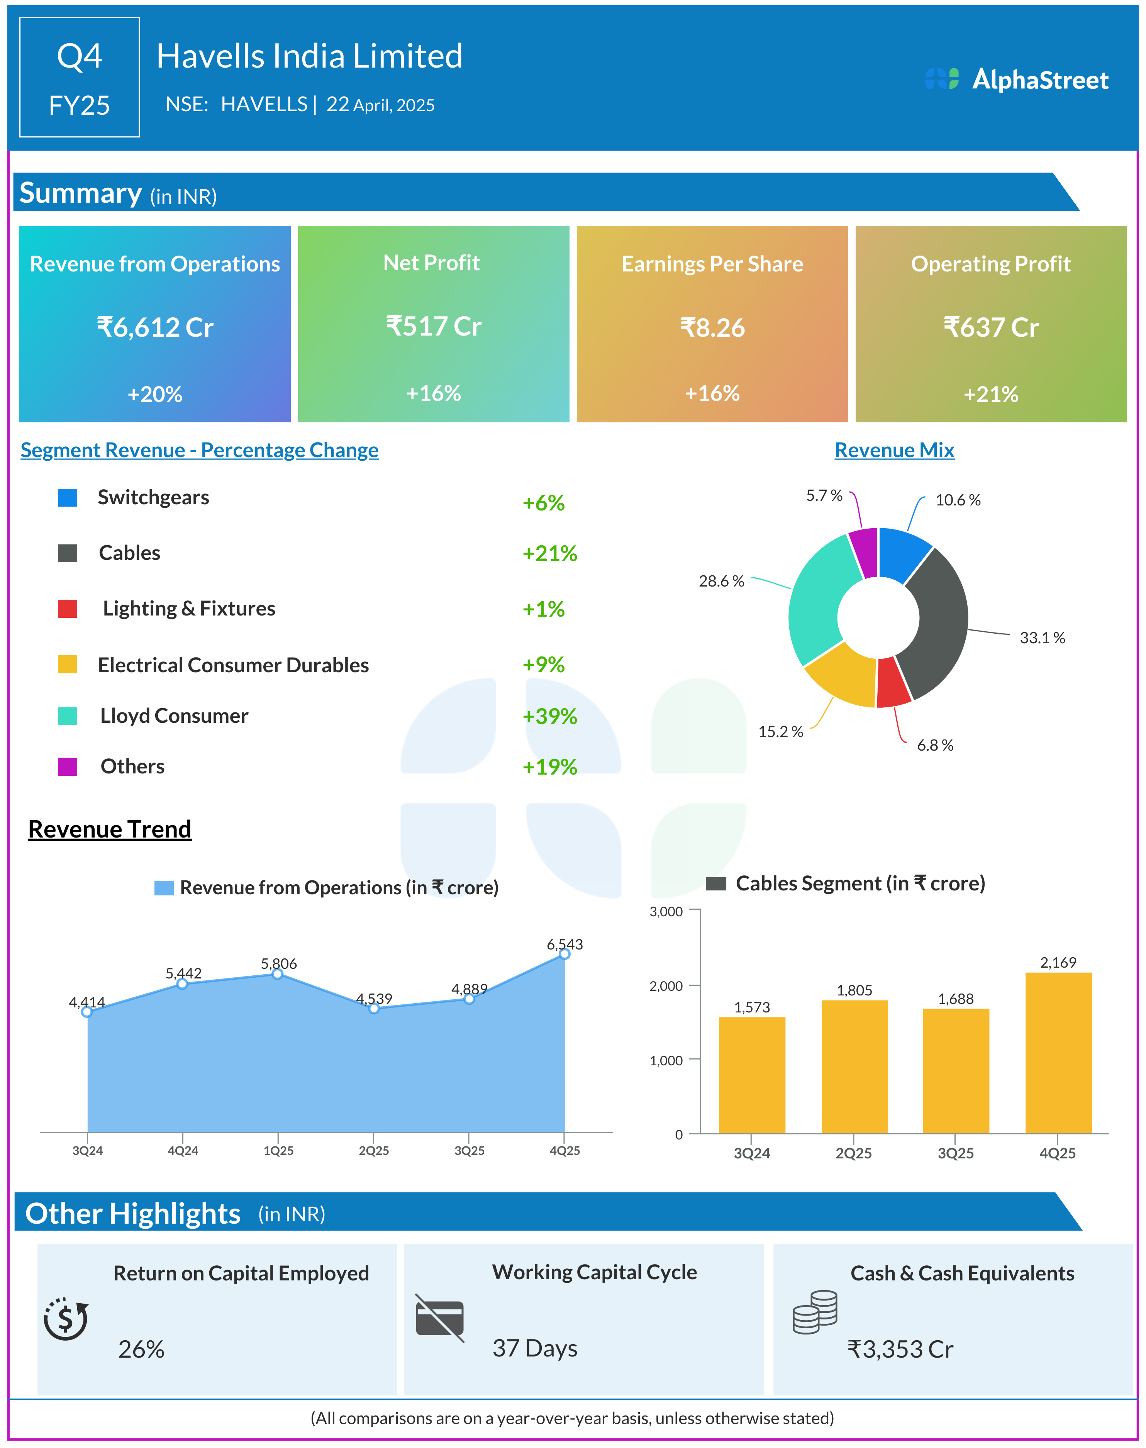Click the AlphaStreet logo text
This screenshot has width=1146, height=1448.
click(x=1039, y=80)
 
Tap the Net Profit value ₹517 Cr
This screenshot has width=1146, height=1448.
click(x=434, y=327)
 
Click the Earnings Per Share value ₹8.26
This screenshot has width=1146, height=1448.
click(x=712, y=327)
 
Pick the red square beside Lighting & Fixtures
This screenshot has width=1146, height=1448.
click(x=67, y=609)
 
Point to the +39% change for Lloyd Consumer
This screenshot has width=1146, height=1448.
click(x=549, y=716)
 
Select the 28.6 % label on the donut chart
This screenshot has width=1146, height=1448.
click(x=721, y=581)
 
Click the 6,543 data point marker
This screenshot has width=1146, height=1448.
click(x=564, y=953)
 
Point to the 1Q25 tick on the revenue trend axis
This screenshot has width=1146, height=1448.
click(x=278, y=1150)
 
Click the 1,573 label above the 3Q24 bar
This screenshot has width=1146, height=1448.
click(x=751, y=1007)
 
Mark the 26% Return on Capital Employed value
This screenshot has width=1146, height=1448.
click(x=141, y=1349)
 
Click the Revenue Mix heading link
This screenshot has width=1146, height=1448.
click(x=894, y=450)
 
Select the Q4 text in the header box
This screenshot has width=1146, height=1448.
click(x=79, y=56)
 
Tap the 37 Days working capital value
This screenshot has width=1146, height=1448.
click(x=535, y=1348)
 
